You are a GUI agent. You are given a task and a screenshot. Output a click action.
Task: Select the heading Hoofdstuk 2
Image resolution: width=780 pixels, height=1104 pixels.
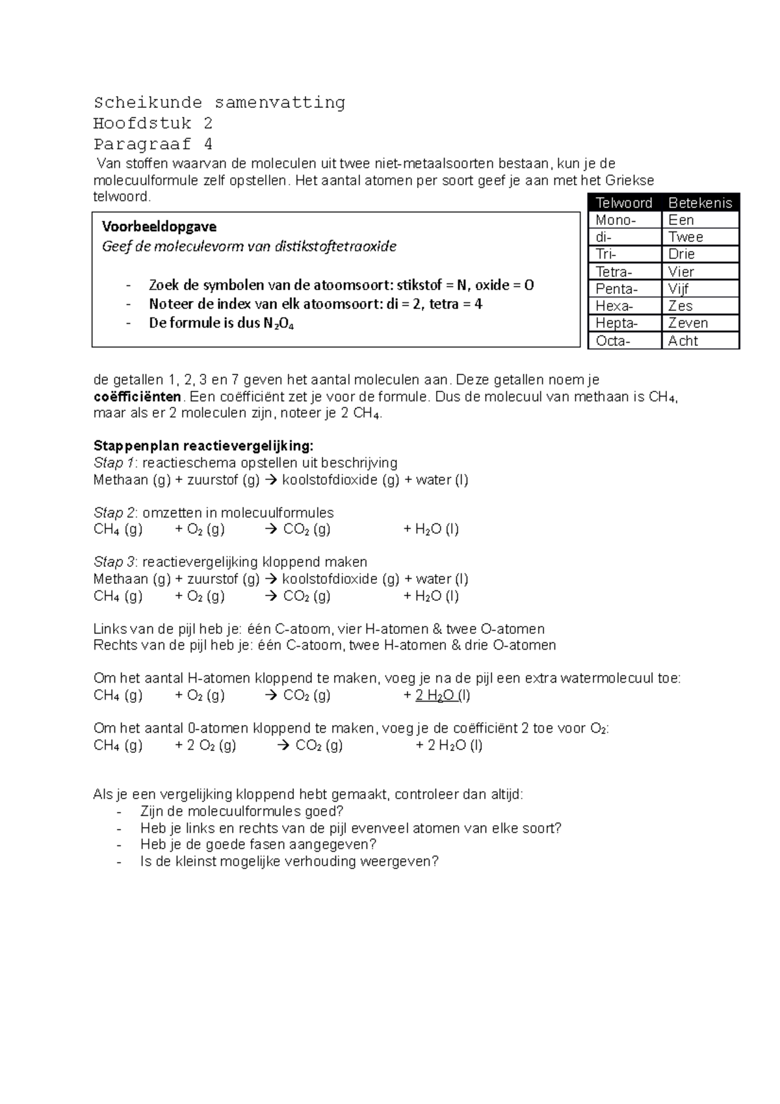coord(153,124)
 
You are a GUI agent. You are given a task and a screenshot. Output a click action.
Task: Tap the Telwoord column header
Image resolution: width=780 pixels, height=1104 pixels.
coord(624,203)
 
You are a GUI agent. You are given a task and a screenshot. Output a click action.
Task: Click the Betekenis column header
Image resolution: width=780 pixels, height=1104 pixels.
coord(700,203)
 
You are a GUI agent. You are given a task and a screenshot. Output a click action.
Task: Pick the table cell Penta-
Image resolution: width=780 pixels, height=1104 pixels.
coord(616,289)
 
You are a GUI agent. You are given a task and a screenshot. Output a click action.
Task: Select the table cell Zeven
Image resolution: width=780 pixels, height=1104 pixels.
coord(688,323)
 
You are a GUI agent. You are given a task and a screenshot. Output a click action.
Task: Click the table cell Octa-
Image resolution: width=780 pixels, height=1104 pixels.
coord(612,341)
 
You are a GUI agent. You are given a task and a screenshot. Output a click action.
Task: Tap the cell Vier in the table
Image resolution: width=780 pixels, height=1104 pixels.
coord(681,272)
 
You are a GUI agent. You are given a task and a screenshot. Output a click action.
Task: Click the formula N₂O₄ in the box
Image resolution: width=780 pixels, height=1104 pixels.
coord(278,324)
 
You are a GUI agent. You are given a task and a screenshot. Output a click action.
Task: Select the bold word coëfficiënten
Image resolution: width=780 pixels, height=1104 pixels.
coord(137,397)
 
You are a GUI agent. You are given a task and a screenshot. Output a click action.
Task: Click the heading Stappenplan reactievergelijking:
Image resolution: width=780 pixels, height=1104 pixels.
coord(203,446)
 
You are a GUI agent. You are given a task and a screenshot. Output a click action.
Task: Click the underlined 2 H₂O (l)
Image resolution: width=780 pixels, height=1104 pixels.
coord(443,696)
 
